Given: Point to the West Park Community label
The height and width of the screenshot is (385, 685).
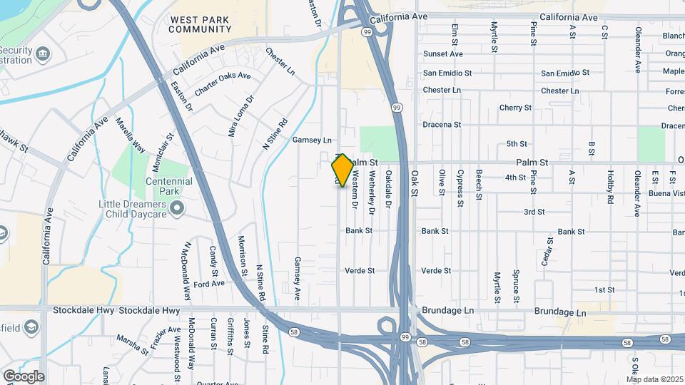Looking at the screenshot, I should (x=201, y=24).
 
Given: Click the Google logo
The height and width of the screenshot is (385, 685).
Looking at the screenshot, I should (x=24, y=376).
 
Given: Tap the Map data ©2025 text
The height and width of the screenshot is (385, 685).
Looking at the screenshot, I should (x=654, y=379).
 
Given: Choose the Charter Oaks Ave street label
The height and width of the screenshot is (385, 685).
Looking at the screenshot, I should (x=223, y=83).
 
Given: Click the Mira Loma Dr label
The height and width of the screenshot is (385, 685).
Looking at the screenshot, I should (x=240, y=116).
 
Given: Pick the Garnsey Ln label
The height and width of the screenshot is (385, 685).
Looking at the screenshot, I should (x=313, y=140).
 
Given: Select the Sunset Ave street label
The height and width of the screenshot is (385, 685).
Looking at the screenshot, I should (x=442, y=54).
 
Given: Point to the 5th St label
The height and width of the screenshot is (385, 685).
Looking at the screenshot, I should (x=517, y=144).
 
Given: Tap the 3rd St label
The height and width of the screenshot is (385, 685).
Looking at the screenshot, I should (x=534, y=212).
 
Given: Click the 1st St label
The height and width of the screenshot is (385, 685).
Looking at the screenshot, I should (x=604, y=289).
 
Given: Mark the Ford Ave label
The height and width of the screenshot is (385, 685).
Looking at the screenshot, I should (x=209, y=283).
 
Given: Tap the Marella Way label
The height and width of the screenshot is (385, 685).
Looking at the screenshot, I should (x=131, y=135).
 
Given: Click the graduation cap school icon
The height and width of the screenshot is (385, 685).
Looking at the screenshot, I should (x=31, y=327).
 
